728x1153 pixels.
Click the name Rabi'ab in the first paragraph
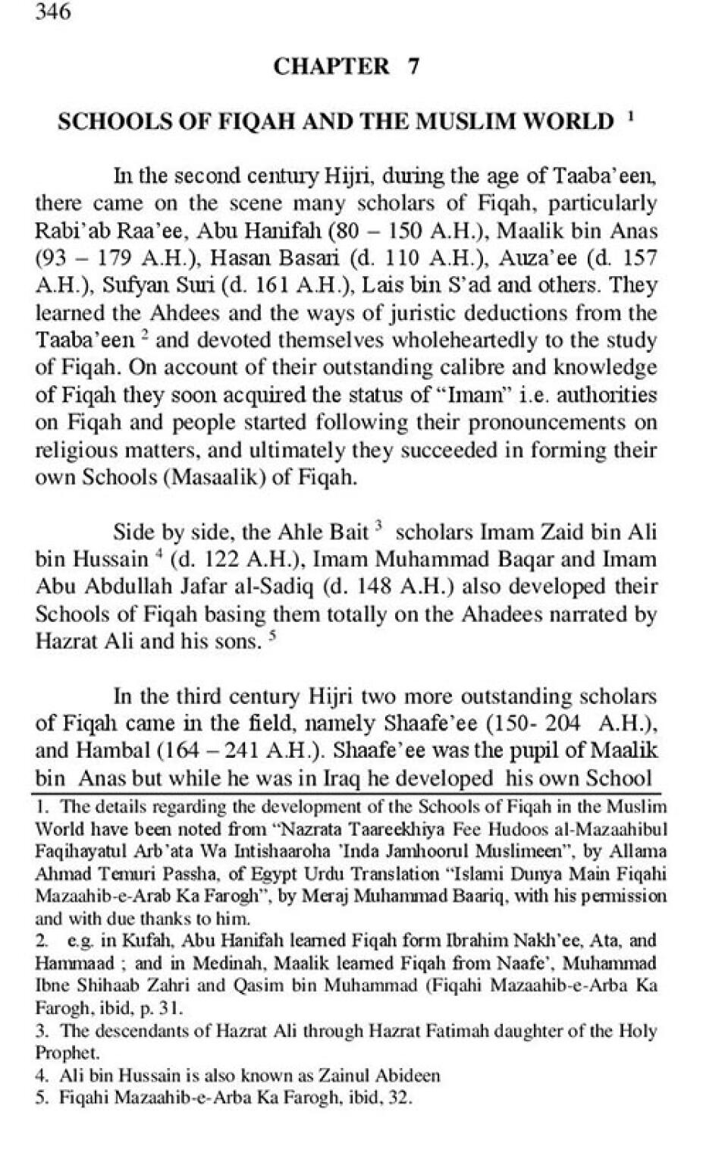click(x=65, y=231)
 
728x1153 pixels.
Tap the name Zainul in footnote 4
click(x=349, y=1076)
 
